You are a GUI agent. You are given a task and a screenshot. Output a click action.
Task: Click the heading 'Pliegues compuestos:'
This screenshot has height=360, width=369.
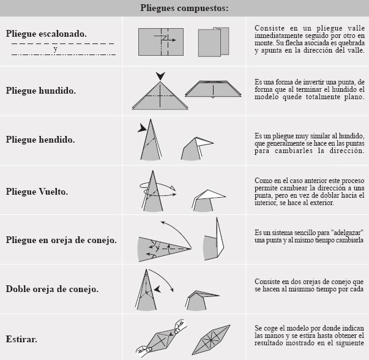(x=184, y=8)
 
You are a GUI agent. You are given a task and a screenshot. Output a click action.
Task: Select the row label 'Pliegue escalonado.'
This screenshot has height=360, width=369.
(x=47, y=34)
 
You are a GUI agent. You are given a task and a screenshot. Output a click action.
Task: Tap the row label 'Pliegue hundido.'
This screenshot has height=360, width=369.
(x=41, y=91)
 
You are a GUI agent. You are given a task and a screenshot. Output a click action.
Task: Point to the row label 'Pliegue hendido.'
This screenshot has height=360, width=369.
(x=40, y=140)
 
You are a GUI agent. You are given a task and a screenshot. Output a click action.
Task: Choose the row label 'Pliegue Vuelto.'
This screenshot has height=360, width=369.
(x=37, y=191)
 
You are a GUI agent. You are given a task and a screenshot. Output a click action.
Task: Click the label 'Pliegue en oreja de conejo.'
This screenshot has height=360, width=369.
(x=61, y=239)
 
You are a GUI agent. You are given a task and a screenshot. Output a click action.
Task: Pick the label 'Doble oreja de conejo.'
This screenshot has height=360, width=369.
(x=52, y=288)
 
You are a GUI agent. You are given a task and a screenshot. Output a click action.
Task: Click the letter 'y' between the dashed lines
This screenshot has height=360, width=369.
(x=55, y=48)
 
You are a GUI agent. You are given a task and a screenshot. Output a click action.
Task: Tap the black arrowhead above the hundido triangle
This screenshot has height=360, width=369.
(x=160, y=76)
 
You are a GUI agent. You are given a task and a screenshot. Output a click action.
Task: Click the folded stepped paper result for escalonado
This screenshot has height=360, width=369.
(x=214, y=42)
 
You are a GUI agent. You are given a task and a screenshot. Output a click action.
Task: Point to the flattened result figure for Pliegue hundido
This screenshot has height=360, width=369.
(x=214, y=88)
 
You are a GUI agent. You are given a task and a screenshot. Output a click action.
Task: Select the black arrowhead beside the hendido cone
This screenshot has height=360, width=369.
(x=143, y=128)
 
